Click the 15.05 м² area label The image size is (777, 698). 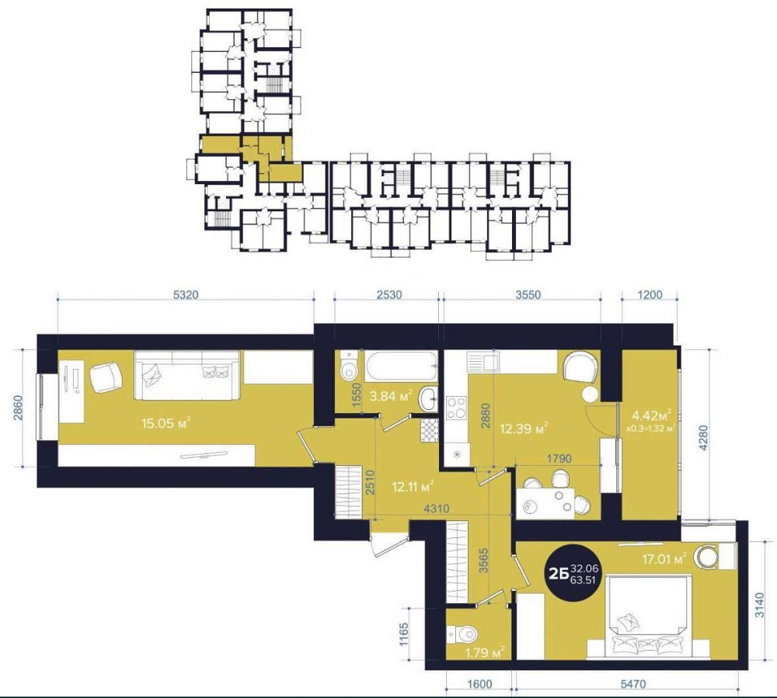166,423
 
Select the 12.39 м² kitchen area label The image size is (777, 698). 524,429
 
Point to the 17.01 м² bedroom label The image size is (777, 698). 664,559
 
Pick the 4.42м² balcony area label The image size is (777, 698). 651,414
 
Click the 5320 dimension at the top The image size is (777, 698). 186,295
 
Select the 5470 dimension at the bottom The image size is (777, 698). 632,684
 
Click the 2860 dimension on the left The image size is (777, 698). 18,408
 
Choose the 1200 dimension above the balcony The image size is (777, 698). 650,295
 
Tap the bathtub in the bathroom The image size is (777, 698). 402,366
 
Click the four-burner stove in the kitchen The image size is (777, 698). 456,408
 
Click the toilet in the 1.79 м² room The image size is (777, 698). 462,634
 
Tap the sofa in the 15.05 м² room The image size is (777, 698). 187,375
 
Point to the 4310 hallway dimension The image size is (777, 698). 436,509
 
